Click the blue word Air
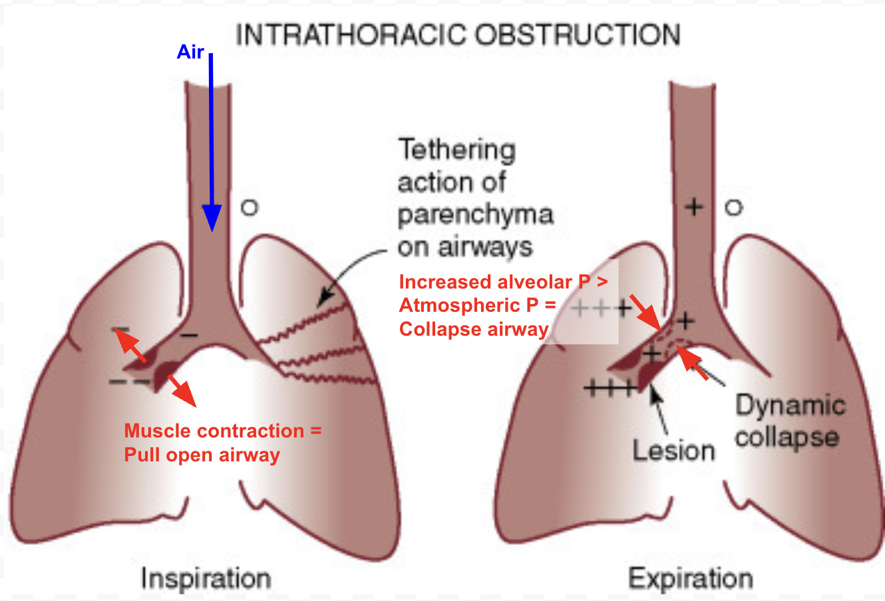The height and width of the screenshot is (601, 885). coord(190,52)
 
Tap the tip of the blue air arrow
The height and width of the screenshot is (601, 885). coord(212,231)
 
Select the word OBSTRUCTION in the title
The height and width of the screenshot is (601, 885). coord(578,35)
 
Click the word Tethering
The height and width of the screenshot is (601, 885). coord(457,150)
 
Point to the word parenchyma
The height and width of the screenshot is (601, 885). coord(475,215)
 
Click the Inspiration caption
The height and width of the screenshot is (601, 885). coord(206,579)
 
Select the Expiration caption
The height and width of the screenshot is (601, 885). coord(691,578)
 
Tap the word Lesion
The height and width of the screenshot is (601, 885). coord(673,450)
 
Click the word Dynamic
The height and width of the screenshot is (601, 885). coord(791,406)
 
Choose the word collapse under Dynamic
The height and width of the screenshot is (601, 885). coord(787,438)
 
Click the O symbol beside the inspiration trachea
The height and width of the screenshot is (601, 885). coord(250,207)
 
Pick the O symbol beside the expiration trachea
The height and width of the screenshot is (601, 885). coord(734,207)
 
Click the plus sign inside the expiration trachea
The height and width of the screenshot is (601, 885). coord(694,207)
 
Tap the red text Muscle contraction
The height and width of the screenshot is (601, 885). coord(214,431)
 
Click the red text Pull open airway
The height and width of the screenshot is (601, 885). coord(202,455)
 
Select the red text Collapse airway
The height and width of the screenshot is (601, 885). coord(474,329)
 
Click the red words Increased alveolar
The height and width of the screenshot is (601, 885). coord(486,282)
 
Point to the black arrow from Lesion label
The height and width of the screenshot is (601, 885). coord(659,410)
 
